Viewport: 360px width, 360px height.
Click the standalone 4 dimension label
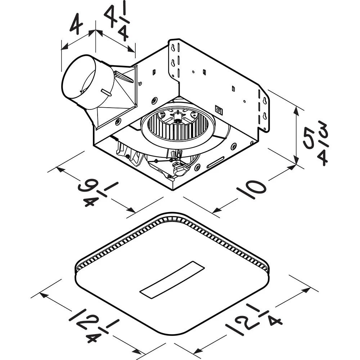tap(76, 24)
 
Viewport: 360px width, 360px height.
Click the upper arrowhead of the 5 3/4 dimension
tap(296, 109)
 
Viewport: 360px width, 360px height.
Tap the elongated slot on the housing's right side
tap(216, 162)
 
